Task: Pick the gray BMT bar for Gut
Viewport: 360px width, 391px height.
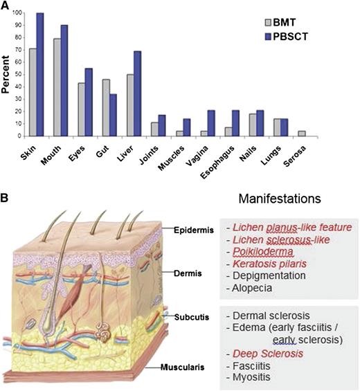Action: tap(106, 107)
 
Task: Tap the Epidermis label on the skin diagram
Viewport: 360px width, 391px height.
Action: tap(179, 227)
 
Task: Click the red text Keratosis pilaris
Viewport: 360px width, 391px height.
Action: tap(269, 264)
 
